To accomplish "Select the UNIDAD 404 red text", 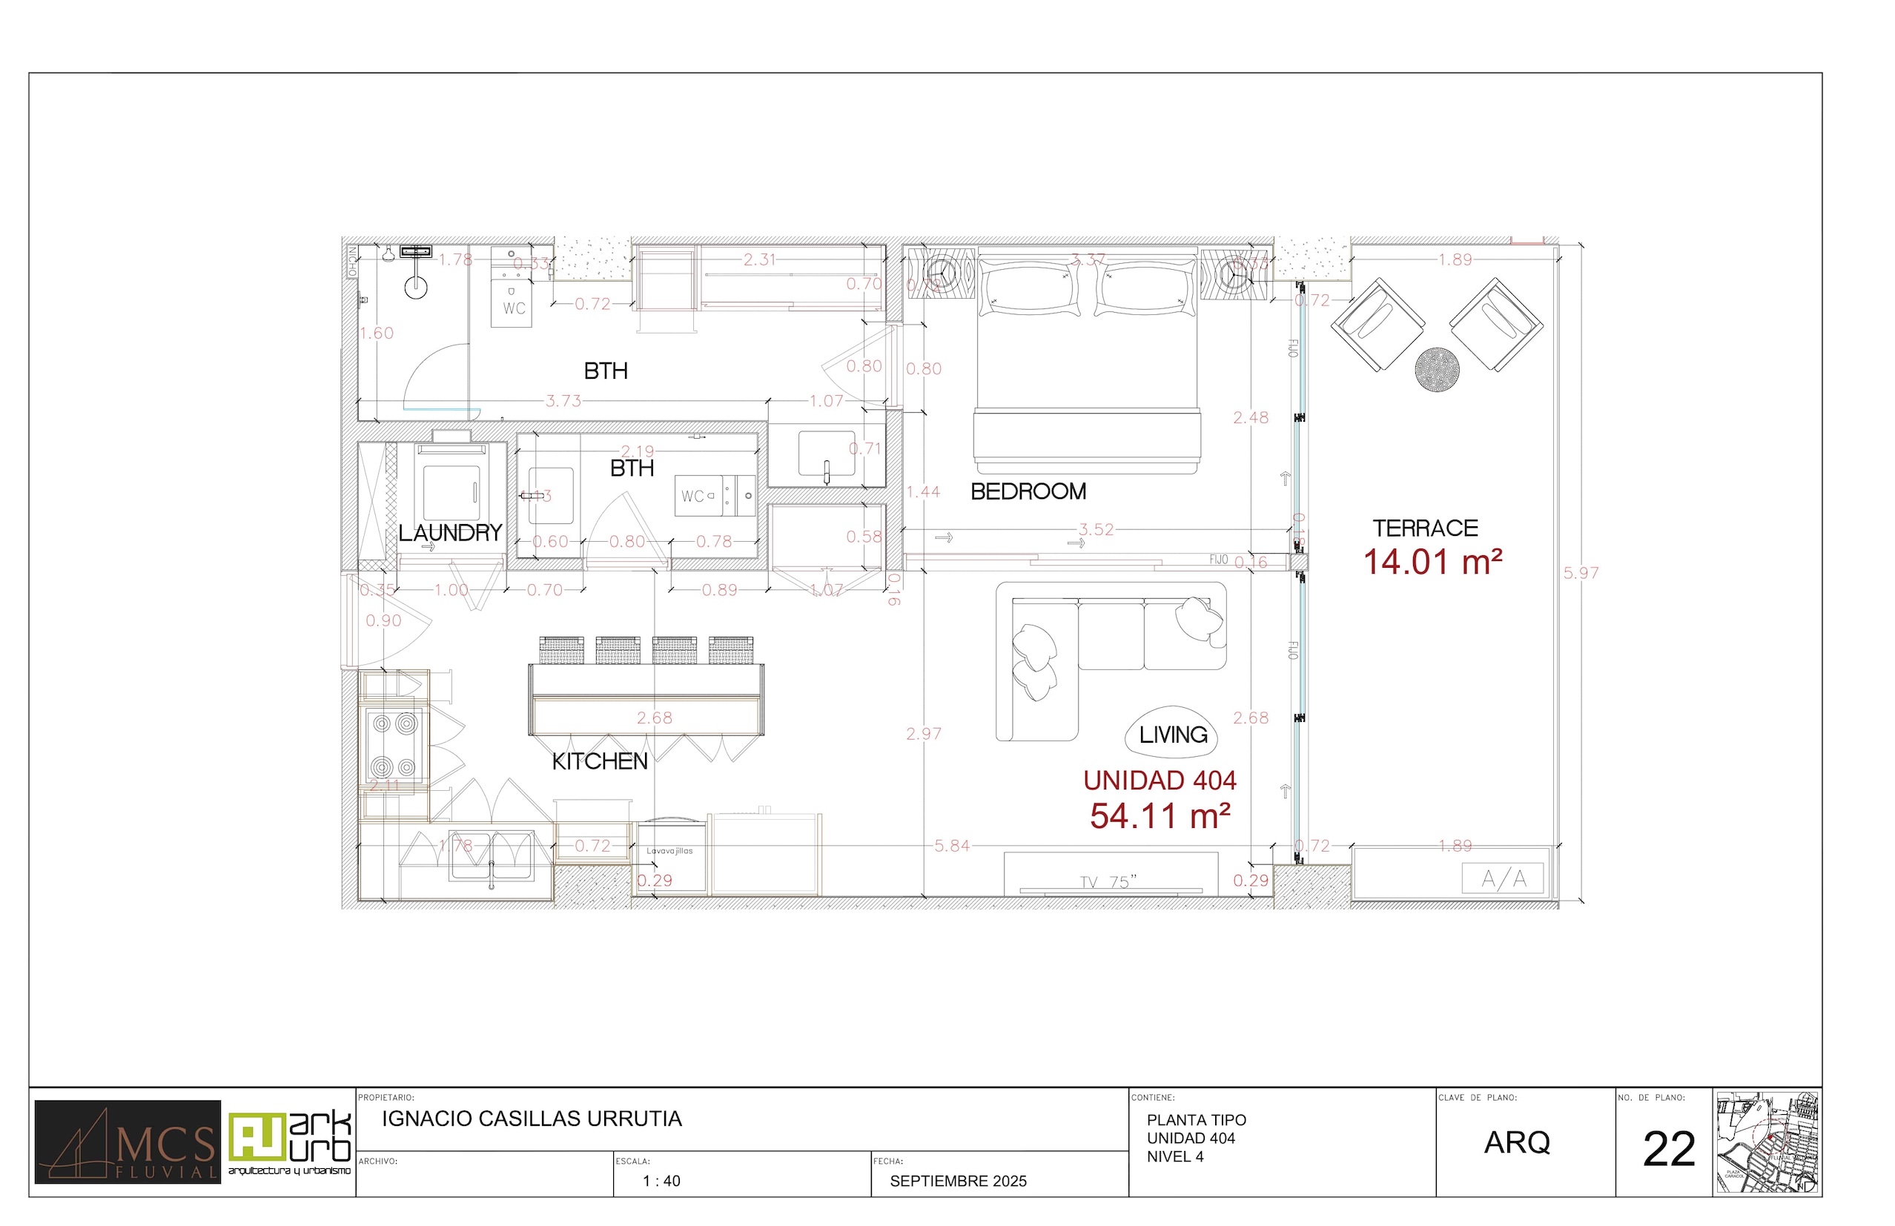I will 1160,781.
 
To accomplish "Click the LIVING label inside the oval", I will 1173,734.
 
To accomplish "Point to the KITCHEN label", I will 600,761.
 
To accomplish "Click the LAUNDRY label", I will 450,533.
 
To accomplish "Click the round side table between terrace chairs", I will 1436,369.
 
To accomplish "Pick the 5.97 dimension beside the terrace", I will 1581,572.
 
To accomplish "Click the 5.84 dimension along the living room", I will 951,846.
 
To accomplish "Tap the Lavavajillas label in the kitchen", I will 669,851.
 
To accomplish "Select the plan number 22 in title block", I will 1669,1150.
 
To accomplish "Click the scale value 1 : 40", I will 661,1182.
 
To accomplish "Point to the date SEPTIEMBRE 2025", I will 958,1182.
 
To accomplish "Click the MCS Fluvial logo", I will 128,1141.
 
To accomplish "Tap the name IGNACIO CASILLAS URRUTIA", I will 532,1119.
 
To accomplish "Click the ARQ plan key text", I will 1517,1142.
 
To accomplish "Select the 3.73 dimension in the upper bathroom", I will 563,400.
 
